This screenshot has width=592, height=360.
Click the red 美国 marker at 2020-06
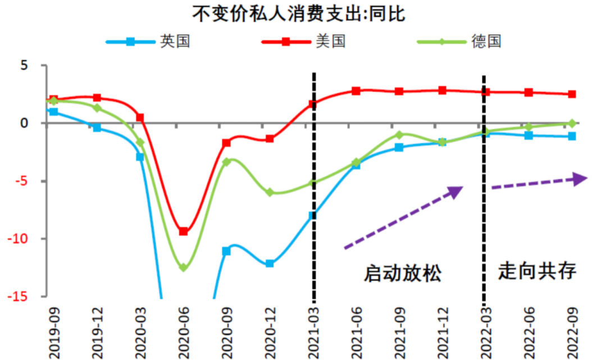183,231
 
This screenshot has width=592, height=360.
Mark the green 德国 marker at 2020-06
183,268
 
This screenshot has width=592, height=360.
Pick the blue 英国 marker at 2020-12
270,263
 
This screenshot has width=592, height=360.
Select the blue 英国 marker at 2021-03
313,215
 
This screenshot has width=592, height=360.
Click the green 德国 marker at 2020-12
270,192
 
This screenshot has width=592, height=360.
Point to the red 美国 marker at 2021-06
356,90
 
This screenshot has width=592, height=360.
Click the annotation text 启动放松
403,274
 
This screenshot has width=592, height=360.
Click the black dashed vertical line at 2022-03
484,225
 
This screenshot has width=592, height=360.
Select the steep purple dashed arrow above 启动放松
403,218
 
